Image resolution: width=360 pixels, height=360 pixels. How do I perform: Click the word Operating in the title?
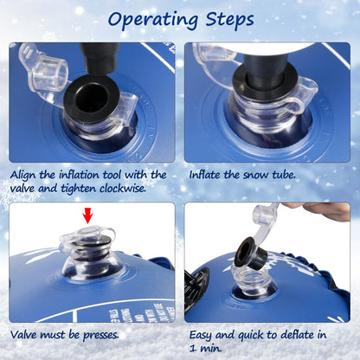tap(152, 20)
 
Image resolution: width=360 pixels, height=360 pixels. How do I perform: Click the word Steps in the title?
tap(229, 20)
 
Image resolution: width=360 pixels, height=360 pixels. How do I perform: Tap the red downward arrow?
tap(88, 216)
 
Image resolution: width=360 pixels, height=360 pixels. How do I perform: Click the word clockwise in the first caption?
tap(123, 189)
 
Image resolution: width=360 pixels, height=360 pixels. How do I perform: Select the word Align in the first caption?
tap(23, 176)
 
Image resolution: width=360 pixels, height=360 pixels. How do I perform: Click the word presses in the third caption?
tap(101, 336)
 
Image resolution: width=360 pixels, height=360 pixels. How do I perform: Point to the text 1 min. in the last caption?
tap(206, 348)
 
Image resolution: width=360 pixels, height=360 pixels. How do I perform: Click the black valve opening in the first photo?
tap(92, 98)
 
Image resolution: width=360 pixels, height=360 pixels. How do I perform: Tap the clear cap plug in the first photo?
tap(51, 73)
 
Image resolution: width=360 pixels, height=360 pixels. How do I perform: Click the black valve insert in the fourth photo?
tap(249, 253)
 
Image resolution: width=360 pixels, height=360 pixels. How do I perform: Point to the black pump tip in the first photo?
tap(100, 58)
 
